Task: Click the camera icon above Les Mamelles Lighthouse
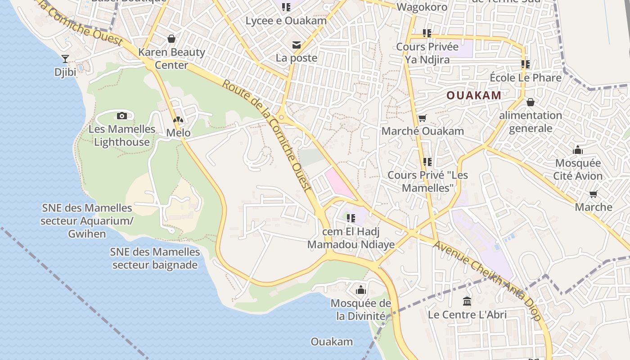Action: point(122,116)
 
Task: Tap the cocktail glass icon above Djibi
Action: point(65,58)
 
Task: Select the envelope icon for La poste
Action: point(297,45)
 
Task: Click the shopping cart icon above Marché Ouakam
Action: point(422,118)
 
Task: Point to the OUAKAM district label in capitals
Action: point(474,95)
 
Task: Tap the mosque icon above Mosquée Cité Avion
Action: point(578,150)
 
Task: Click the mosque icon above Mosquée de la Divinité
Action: point(361,290)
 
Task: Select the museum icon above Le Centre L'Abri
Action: point(467,301)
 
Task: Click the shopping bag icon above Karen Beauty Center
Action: point(171,39)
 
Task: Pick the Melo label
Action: point(179,133)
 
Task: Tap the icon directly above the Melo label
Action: point(179,121)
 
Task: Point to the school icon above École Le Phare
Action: point(525,64)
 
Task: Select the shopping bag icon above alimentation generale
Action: point(531,102)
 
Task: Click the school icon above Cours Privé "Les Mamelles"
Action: point(427,162)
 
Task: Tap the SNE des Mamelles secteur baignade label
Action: point(155,258)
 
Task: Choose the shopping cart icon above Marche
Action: point(594,194)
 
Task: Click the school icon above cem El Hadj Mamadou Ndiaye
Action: point(351,219)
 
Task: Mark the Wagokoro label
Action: point(422,7)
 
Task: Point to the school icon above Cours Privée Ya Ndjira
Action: point(427,33)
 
